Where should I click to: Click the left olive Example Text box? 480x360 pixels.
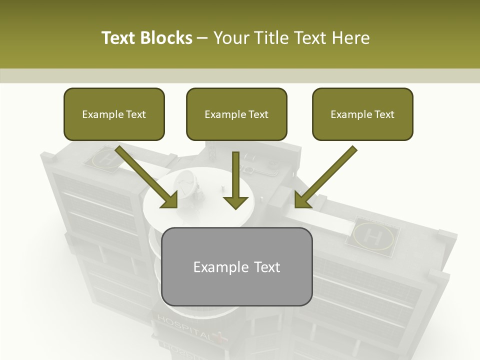point(114,114)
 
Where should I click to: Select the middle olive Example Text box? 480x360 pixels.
point(236,114)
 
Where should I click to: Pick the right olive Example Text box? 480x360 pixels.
point(362,114)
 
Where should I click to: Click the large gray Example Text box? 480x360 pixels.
point(237,266)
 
